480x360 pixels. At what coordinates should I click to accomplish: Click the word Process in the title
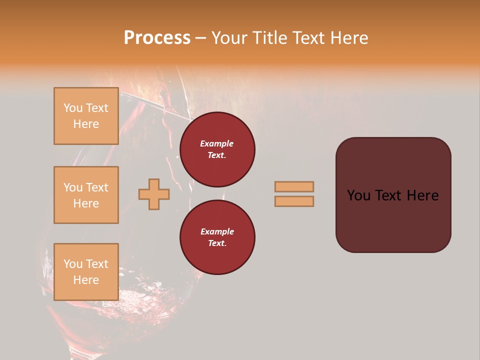click(157, 38)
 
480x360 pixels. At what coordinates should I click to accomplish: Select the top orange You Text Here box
click(86, 116)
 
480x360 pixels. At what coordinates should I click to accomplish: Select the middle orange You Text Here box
click(86, 195)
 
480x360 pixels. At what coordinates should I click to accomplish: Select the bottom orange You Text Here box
click(86, 272)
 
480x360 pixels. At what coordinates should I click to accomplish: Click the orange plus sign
click(153, 194)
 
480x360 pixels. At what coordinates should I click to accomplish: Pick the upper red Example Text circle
click(217, 149)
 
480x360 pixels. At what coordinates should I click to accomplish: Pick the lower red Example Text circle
click(217, 237)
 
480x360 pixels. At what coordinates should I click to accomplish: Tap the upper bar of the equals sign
click(294, 186)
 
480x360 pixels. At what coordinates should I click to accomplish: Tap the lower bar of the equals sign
click(294, 201)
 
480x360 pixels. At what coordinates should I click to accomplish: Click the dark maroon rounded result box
click(393, 220)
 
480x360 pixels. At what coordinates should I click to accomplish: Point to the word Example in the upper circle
click(217, 143)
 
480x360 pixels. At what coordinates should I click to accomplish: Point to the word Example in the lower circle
click(217, 231)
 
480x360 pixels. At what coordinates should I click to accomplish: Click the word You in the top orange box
click(72, 108)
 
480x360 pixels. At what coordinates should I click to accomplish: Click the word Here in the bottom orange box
click(86, 280)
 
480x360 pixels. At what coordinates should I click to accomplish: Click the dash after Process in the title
click(200, 38)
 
